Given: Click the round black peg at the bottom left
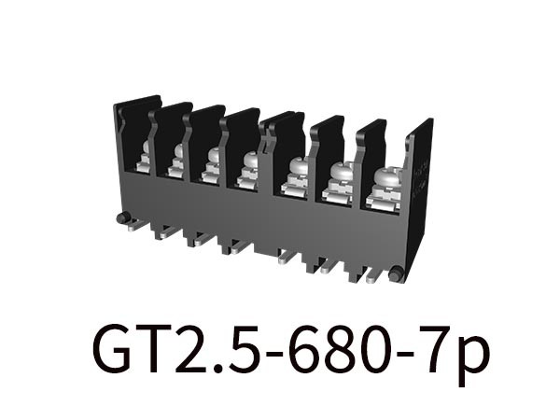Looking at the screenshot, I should [x=121, y=218].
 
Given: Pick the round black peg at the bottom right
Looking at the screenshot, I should [x=395, y=273].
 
